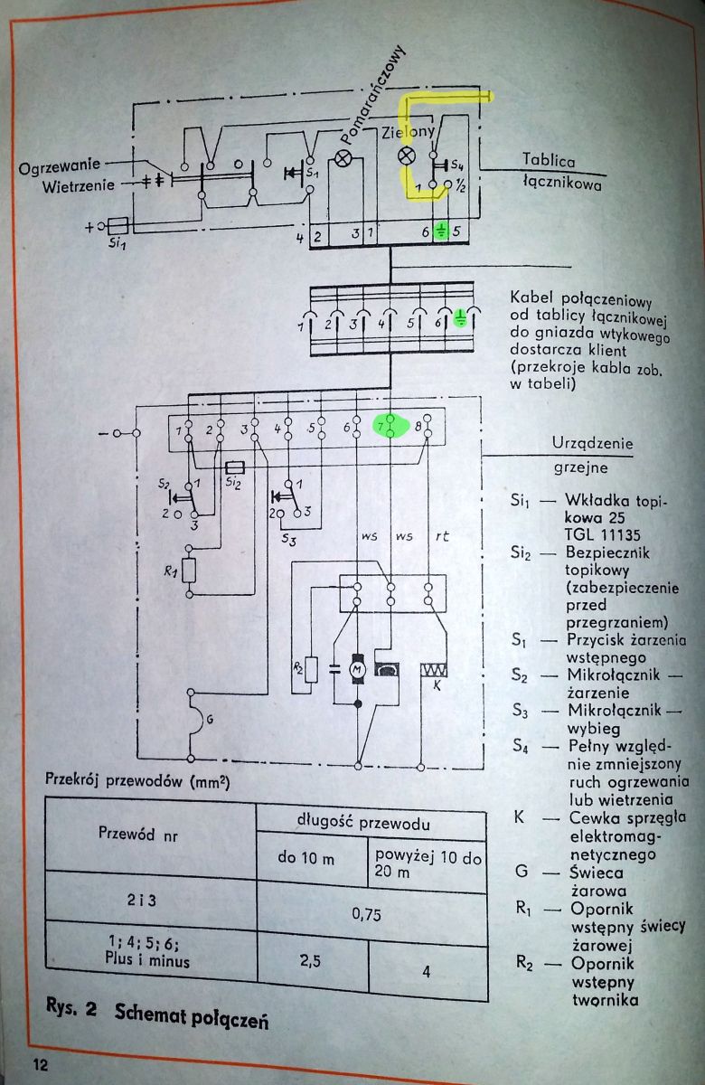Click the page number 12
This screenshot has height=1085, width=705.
[x=40, y=1065]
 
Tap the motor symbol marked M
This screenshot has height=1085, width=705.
[x=358, y=669]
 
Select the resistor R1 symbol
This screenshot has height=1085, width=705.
[x=189, y=571]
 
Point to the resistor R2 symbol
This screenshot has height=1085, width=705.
[x=311, y=670]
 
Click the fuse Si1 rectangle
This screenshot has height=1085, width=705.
[x=117, y=226]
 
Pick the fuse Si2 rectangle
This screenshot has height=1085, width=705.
[x=235, y=468]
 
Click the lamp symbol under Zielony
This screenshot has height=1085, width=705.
[x=406, y=156]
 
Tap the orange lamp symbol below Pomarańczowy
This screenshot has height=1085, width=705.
[x=343, y=158]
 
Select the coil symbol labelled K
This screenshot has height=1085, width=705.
[x=434, y=670]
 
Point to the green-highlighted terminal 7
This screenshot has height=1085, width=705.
[x=390, y=426]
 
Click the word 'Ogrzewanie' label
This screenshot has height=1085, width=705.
[x=59, y=167]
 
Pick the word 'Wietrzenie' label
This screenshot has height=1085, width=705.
[x=79, y=186]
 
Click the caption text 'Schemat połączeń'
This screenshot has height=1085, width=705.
[x=192, y=1014]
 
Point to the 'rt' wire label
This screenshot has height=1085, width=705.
[x=442, y=536]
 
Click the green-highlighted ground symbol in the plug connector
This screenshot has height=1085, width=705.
[x=460, y=318]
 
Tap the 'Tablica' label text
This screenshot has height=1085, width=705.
[x=549, y=159]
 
